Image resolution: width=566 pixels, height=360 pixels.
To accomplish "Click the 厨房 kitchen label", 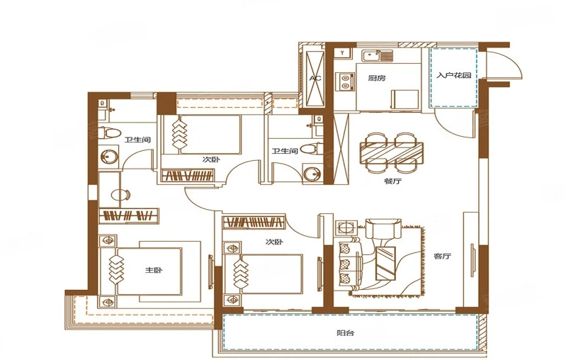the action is point(377,78).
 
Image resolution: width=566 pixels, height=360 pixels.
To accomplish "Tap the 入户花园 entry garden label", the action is point(454,75).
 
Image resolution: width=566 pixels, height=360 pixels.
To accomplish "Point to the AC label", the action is point(315,78).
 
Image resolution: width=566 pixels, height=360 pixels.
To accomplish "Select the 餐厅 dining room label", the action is point(392,181).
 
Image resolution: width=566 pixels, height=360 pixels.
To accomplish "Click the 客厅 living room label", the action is point(443,257).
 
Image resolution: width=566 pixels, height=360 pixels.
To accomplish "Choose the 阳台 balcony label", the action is point(346,333).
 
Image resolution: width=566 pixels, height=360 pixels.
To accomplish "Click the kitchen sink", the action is point(378,55).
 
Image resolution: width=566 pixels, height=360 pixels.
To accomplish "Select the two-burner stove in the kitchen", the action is point(345,82).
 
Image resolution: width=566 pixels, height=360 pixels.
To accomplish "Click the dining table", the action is point(392,151).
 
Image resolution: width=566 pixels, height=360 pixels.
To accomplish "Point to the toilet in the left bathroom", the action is point(110,133).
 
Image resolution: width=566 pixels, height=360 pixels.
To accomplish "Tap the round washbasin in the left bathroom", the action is point(109,157).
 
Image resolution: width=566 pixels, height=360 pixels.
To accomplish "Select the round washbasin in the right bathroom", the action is point(312,174).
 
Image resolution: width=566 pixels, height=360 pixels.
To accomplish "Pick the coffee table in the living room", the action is point(385,263).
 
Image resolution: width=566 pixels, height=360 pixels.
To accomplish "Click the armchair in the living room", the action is point(383,229).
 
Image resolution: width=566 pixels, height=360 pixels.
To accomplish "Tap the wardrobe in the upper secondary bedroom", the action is point(188,176).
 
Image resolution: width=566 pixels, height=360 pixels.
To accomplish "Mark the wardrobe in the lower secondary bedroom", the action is point(254,222).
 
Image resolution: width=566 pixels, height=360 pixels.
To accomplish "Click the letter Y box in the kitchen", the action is point(343,53).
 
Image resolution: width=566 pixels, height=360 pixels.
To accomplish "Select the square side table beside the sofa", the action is point(346,228).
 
